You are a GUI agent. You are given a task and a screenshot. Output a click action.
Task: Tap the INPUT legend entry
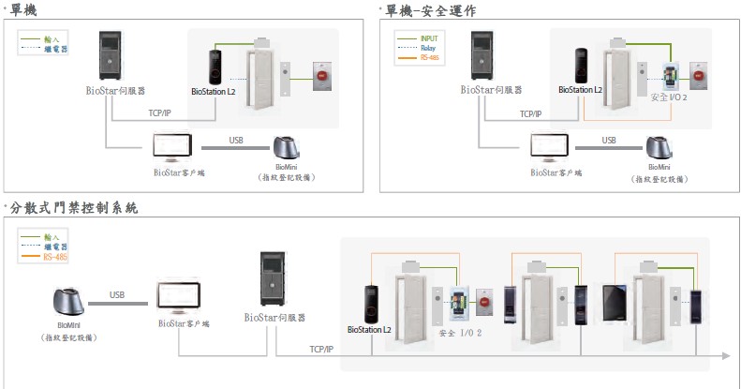pos(430,37)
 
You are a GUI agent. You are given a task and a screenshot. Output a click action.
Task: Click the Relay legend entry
pos(427,48)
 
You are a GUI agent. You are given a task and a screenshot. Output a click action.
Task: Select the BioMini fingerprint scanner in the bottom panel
pos(71,303)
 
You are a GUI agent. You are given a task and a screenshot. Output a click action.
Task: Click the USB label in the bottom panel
pos(117,294)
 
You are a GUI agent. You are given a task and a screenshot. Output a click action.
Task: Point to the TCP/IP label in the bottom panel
pos(320,349)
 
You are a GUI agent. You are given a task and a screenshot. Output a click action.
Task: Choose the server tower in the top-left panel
pos(111,56)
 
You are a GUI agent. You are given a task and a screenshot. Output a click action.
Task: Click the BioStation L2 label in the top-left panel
pos(213,92)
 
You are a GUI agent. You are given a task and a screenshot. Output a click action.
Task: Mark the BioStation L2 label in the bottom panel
pos(369,329)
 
